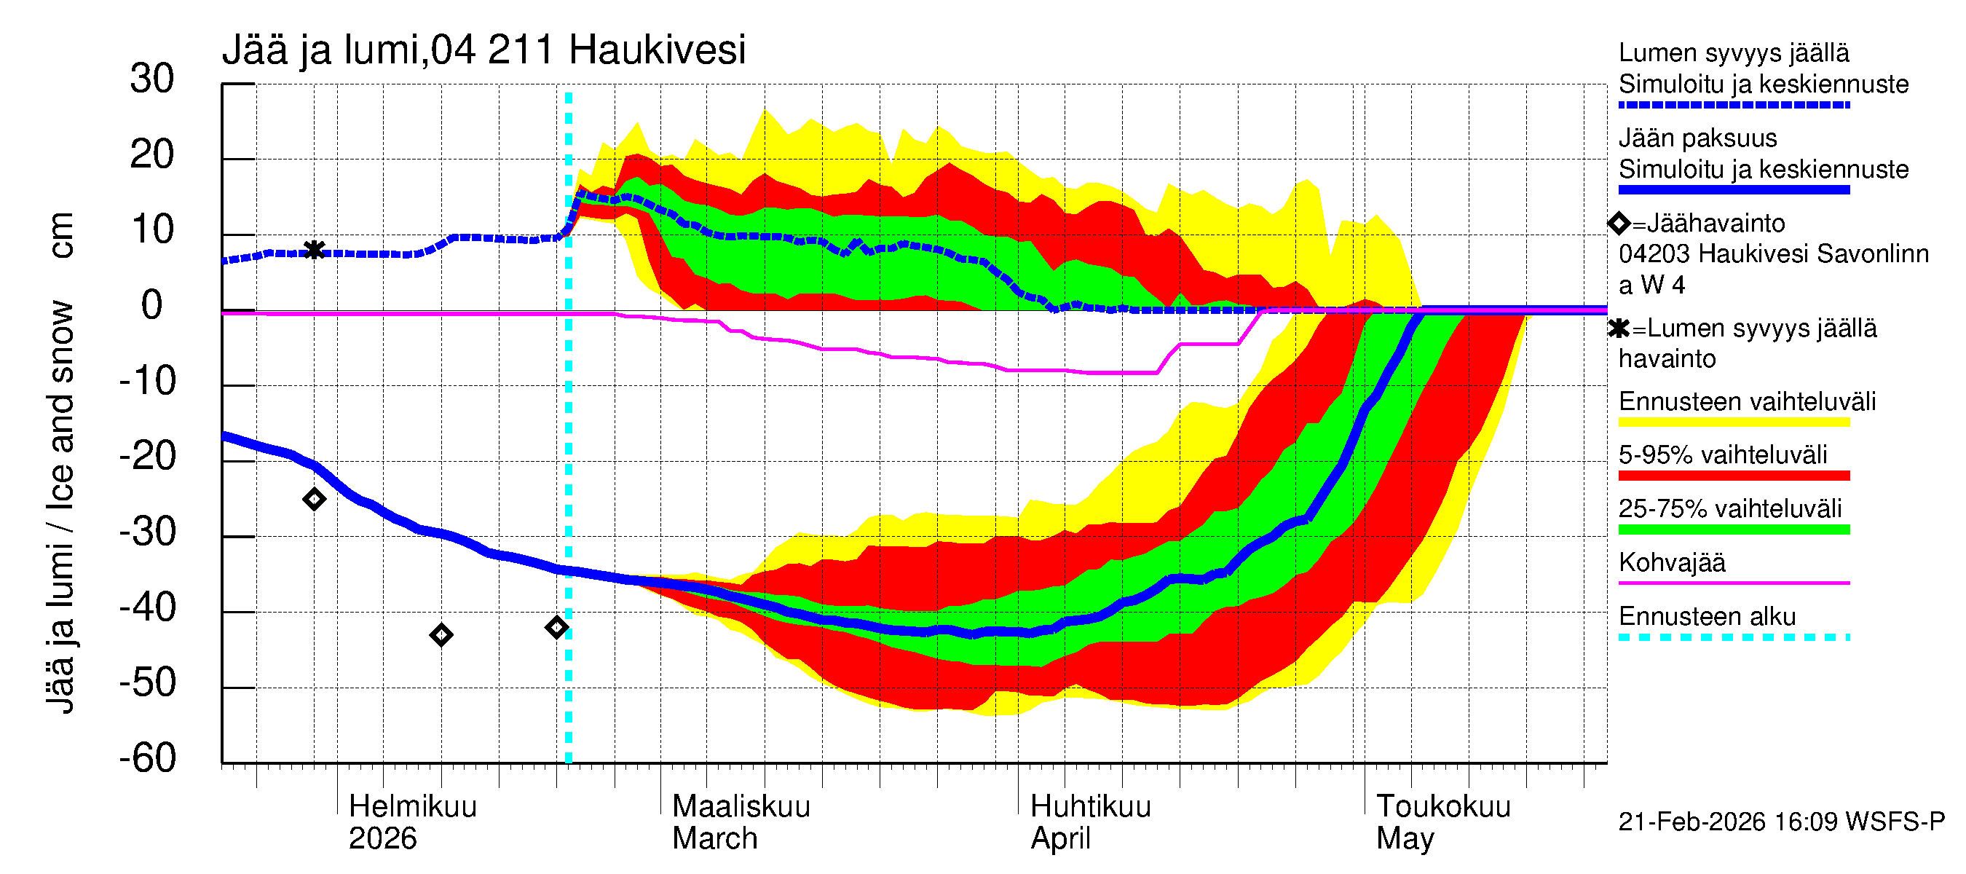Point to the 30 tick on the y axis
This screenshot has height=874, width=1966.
pyautogui.click(x=152, y=79)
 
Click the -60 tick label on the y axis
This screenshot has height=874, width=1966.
pyautogui.click(x=147, y=758)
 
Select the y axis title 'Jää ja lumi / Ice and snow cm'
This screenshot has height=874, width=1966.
pyautogui.click(x=60, y=462)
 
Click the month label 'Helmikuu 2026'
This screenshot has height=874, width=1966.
pyautogui.click(x=412, y=822)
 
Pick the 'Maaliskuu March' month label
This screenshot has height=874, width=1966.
pyautogui.click(x=741, y=822)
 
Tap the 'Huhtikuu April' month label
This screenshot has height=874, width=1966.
pyautogui.click(x=1090, y=822)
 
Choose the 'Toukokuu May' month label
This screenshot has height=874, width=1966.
pyautogui.click(x=1442, y=822)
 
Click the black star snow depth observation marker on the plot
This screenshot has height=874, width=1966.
pyautogui.click(x=314, y=250)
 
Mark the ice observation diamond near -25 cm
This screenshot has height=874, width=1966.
pyautogui.click(x=314, y=499)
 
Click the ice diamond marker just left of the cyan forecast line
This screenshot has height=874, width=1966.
pyautogui.click(x=556, y=627)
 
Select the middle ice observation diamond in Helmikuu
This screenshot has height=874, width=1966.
pyautogui.click(x=441, y=634)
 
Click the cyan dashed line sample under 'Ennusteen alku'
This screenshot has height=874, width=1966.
pyautogui.click(x=1733, y=637)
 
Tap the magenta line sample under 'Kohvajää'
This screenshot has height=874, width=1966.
pyautogui.click(x=1733, y=583)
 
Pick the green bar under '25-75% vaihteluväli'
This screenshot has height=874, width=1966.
pyautogui.click(x=1733, y=529)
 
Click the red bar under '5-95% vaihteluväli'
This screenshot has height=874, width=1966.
pyautogui.click(x=1733, y=476)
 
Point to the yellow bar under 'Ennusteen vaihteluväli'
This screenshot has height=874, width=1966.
pyautogui.click(x=1733, y=422)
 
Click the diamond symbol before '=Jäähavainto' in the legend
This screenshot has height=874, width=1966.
pyautogui.click(x=1618, y=223)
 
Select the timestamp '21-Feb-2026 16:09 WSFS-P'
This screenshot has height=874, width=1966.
pyautogui.click(x=1781, y=822)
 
